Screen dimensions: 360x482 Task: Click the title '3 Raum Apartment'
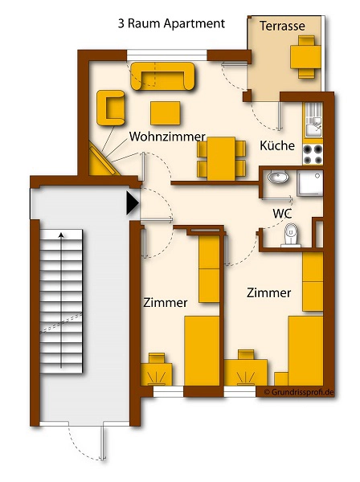point(171,23)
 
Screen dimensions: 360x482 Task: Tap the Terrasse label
point(282,26)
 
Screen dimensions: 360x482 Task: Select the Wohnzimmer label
point(167,137)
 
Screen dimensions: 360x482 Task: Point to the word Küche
point(277,145)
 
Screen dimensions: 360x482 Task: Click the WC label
point(282,214)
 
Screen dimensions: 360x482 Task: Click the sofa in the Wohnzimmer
point(162,76)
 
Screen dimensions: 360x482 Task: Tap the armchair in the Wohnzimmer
point(111,108)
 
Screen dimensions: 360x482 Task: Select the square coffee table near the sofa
point(165,113)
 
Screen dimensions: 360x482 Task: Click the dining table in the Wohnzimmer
point(221,158)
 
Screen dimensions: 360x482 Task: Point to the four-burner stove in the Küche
point(313,154)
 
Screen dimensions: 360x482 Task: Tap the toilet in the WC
point(290,235)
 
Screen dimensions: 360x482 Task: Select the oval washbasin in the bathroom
point(278,177)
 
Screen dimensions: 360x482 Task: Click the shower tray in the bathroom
point(310,183)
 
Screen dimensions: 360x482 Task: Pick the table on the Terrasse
point(305,57)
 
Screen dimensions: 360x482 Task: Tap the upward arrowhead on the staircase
point(61,235)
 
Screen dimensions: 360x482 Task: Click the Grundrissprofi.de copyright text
point(299,392)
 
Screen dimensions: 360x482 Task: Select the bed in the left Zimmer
point(202,351)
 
